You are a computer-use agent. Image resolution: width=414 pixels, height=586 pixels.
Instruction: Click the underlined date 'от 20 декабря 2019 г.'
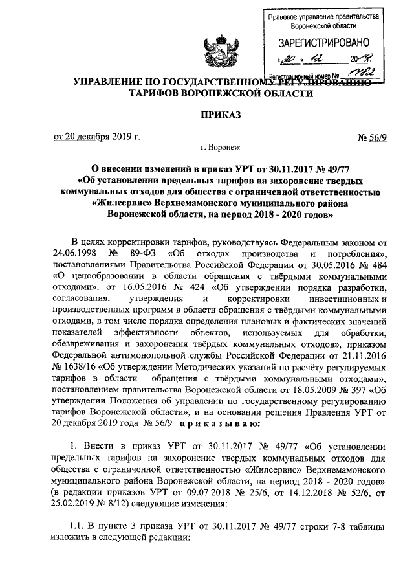[97, 137]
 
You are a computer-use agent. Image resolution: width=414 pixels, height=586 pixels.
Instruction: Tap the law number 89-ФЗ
[142, 252]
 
